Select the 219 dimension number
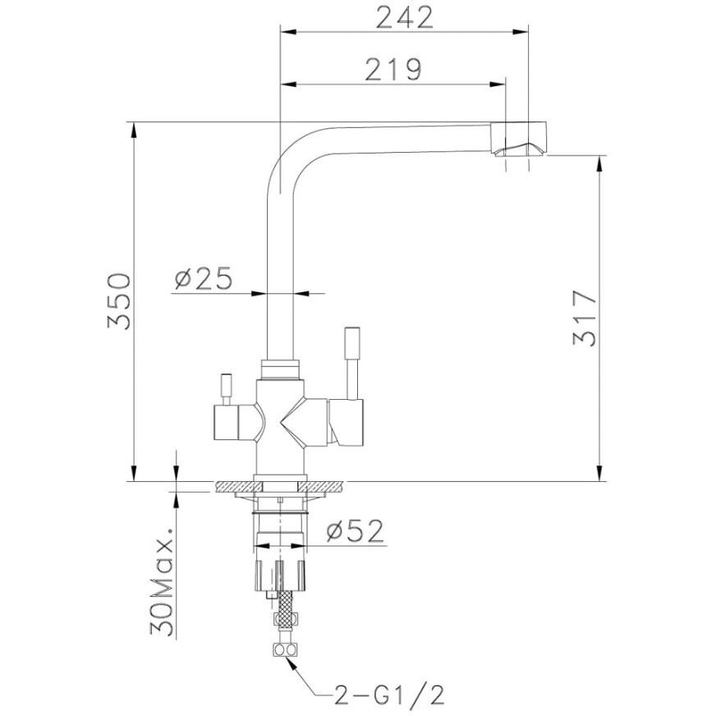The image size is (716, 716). [x=393, y=70]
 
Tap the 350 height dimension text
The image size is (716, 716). [x=119, y=301]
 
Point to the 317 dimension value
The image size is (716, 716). [x=585, y=318]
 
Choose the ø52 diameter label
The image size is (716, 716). [x=356, y=531]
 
